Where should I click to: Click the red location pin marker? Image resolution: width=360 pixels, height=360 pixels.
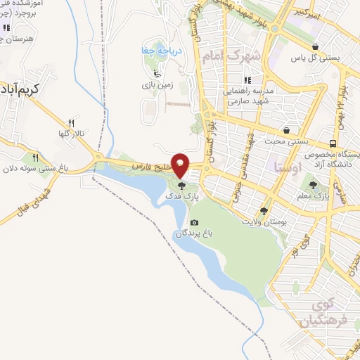point(181,165)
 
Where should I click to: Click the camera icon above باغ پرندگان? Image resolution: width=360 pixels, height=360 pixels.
point(194,223)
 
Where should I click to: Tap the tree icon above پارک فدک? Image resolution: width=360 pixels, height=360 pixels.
point(182,186)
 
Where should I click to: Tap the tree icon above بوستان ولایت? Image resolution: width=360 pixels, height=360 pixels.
point(264,210)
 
